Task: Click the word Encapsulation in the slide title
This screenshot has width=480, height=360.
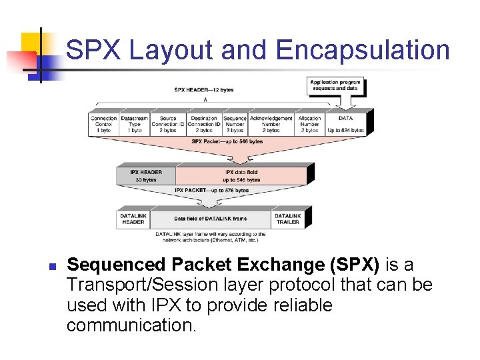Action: click(x=363, y=51)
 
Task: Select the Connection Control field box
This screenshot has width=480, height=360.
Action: click(x=104, y=124)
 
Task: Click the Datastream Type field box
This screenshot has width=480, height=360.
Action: click(x=135, y=124)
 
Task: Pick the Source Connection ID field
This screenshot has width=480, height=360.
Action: click(x=168, y=124)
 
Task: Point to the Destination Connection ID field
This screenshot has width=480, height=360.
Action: click(x=204, y=124)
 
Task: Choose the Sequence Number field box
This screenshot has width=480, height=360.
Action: click(x=235, y=124)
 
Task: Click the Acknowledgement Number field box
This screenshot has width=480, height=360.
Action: click(x=271, y=124)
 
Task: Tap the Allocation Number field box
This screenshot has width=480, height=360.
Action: click(x=309, y=124)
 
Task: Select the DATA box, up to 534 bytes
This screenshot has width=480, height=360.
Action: click(x=345, y=124)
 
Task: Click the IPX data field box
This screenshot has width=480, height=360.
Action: click(x=241, y=175)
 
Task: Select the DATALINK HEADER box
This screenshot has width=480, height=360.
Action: click(x=133, y=219)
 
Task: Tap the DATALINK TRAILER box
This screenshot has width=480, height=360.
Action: click(x=287, y=219)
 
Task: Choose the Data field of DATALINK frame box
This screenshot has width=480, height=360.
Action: click(x=210, y=219)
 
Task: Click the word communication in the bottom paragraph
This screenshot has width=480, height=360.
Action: click(x=131, y=325)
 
